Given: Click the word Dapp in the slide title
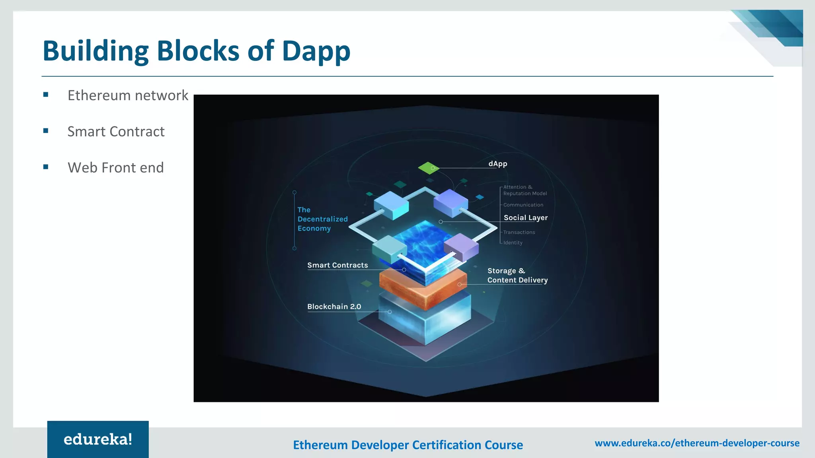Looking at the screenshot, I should [x=316, y=52].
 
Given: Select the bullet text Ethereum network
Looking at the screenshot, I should [x=128, y=95].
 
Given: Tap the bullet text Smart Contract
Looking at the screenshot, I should [x=116, y=132].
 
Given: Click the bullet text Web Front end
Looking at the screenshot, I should [x=115, y=168].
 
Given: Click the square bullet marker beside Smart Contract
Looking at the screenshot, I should [x=46, y=131].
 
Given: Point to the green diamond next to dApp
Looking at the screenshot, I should [x=428, y=168].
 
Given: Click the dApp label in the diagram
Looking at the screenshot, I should [x=497, y=164].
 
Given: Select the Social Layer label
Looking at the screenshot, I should [x=525, y=217].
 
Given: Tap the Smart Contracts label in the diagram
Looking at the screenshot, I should [x=337, y=265].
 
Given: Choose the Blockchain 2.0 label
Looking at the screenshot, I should [x=334, y=307].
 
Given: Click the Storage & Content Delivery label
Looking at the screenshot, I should [x=517, y=275].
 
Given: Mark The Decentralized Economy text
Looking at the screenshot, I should [x=322, y=219].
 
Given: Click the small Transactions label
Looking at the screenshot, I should [x=519, y=232].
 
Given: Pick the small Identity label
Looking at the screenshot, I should [x=513, y=243].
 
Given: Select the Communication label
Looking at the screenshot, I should [x=523, y=205].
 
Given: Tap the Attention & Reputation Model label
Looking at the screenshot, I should [x=524, y=190].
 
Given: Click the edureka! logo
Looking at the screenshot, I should [x=98, y=439].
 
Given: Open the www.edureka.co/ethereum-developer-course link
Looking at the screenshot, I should [x=697, y=443].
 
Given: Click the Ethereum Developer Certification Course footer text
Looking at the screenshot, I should [x=408, y=445].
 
